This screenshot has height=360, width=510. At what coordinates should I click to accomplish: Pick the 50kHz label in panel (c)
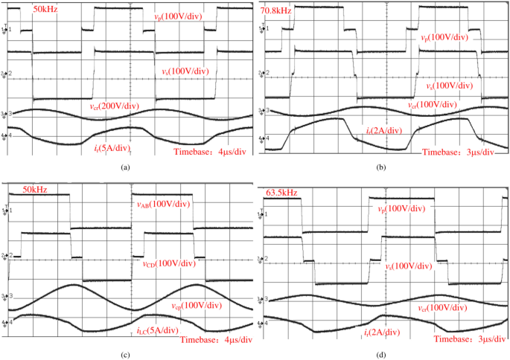point(34,190)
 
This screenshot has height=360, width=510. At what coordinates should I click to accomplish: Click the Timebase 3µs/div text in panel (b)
point(458,152)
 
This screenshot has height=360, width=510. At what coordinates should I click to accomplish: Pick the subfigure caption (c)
point(126,353)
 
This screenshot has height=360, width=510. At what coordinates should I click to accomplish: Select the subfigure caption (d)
point(381,355)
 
